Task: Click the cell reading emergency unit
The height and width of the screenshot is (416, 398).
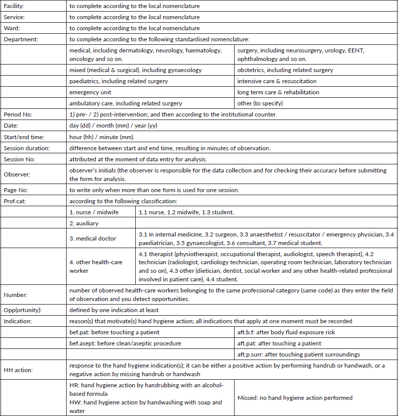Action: (x=90, y=92)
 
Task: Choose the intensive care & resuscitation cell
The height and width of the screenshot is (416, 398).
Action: (x=277, y=81)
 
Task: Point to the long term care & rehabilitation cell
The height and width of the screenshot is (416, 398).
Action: (x=278, y=92)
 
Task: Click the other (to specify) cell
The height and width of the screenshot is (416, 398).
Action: (x=260, y=103)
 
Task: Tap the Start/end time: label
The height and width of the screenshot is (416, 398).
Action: (x=24, y=137)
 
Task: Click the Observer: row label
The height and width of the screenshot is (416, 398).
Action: (x=17, y=174)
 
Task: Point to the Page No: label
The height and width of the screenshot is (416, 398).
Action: (x=16, y=190)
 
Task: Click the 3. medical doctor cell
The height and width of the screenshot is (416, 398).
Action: (x=93, y=239)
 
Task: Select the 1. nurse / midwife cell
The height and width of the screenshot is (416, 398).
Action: (x=94, y=212)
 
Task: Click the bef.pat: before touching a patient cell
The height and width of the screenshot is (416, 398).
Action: (x=115, y=332)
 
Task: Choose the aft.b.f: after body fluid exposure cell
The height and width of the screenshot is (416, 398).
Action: (x=286, y=332)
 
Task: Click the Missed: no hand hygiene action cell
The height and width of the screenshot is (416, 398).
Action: (x=295, y=398)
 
